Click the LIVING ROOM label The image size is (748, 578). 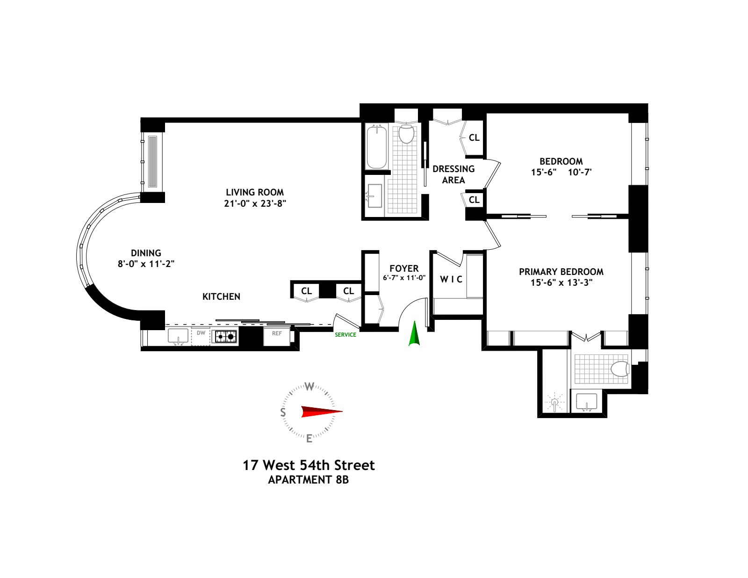(254, 192)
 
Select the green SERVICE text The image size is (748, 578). (345, 335)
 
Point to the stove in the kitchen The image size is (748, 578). (225, 336)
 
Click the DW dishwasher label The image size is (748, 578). (201, 333)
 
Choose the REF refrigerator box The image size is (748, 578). (277, 334)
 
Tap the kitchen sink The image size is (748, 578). (178, 336)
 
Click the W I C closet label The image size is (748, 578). (451, 279)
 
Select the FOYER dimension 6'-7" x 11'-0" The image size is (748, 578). (404, 277)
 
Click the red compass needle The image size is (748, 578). (321, 412)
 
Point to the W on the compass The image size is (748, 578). (309, 386)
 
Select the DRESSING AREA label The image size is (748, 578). (453, 174)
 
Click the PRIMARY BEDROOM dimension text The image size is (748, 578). (561, 282)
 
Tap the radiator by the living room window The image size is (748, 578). (153, 161)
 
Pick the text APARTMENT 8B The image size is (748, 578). (308, 480)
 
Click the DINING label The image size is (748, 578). (146, 253)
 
